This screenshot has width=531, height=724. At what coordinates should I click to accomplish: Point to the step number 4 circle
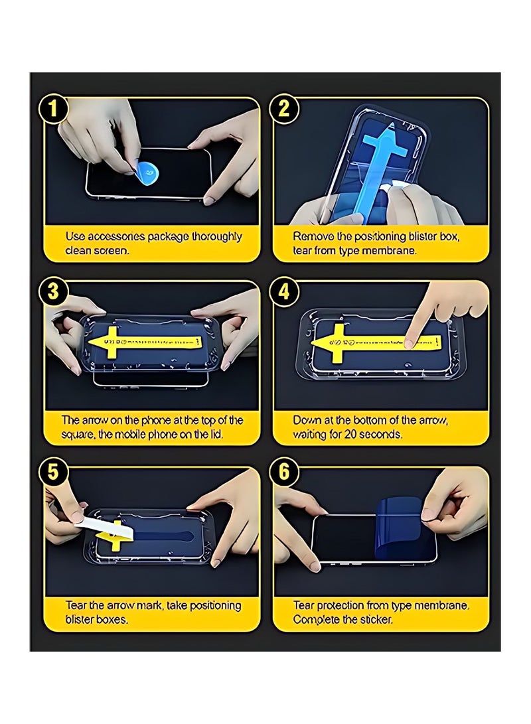point(284,293)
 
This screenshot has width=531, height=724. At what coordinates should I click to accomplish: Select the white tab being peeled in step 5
point(100,527)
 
